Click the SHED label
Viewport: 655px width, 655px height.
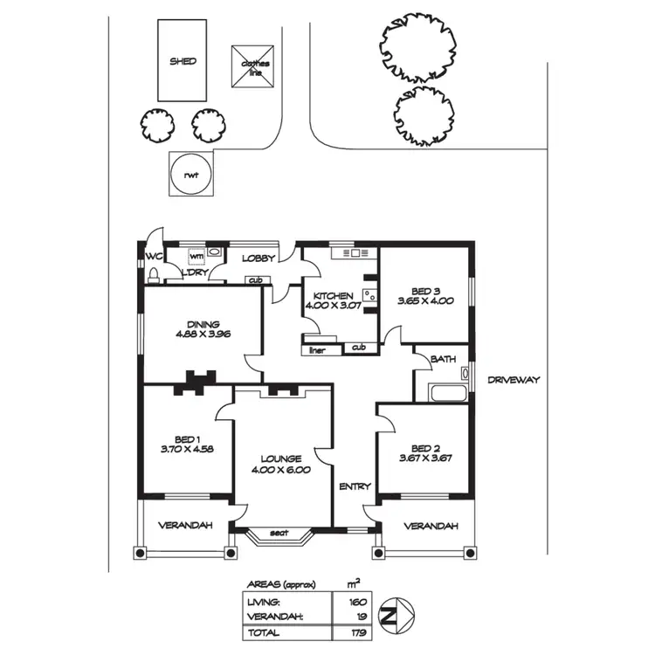pyautogui.click(x=183, y=61)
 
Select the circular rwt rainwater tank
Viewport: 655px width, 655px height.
pyautogui.click(x=190, y=174)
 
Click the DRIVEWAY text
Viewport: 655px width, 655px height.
pyautogui.click(x=514, y=380)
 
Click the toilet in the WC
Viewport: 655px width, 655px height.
pyautogui.click(x=155, y=276)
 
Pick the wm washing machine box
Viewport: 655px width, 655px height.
pyautogui.click(x=196, y=256)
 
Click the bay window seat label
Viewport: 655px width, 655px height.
pyautogui.click(x=279, y=533)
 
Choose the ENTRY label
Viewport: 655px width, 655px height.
pyautogui.click(x=355, y=486)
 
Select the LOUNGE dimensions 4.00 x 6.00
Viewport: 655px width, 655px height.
pyautogui.click(x=280, y=471)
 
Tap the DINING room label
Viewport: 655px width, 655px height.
pyautogui.click(x=203, y=323)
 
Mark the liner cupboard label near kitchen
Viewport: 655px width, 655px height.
pyautogui.click(x=318, y=350)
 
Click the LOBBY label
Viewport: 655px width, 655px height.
pyautogui.click(x=259, y=258)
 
